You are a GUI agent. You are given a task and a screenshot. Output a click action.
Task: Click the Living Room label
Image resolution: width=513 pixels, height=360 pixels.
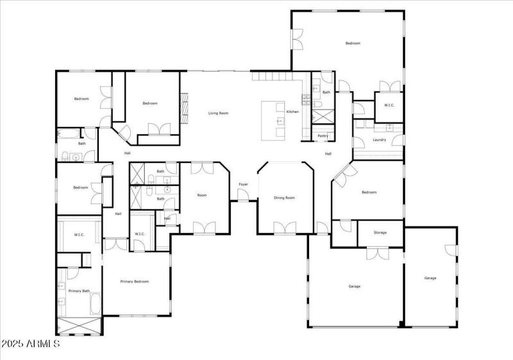(218, 113)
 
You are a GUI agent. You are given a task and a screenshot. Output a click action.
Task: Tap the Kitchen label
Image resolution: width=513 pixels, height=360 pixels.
(292, 112)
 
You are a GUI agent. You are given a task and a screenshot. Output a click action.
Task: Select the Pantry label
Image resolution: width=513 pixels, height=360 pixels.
(323, 135)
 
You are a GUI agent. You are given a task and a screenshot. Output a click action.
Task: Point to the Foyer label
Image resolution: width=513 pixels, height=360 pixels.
(244, 184)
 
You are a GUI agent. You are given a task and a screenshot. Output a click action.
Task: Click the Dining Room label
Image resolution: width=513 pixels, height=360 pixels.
(284, 198)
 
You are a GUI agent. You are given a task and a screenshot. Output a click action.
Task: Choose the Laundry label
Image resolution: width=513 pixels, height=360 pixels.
(379, 139)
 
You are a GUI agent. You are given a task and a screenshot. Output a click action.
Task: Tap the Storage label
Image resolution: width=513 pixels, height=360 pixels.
(380, 232)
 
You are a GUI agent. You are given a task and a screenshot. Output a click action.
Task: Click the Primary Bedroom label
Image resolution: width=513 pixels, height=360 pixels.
(135, 281)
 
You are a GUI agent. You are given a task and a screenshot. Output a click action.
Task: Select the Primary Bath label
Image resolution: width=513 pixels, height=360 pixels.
(79, 291)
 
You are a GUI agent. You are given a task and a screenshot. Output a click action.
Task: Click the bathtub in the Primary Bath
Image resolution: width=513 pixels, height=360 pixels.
(94, 304)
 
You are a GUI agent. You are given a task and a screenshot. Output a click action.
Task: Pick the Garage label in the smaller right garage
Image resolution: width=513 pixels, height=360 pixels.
(430, 278)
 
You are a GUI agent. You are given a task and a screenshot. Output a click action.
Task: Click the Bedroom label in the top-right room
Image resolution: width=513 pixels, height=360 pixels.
(353, 43)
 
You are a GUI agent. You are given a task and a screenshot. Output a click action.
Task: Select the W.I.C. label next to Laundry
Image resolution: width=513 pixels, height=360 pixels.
(389, 105)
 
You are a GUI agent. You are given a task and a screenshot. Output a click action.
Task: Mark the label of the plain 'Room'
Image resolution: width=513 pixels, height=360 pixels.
(202, 195)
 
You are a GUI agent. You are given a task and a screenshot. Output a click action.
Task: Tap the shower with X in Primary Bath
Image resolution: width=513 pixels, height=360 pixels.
(79, 326)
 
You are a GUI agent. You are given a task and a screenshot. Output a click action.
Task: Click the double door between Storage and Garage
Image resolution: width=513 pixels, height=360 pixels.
(375, 253)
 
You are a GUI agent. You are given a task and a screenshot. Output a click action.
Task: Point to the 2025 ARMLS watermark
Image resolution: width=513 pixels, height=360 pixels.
(30, 345)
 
